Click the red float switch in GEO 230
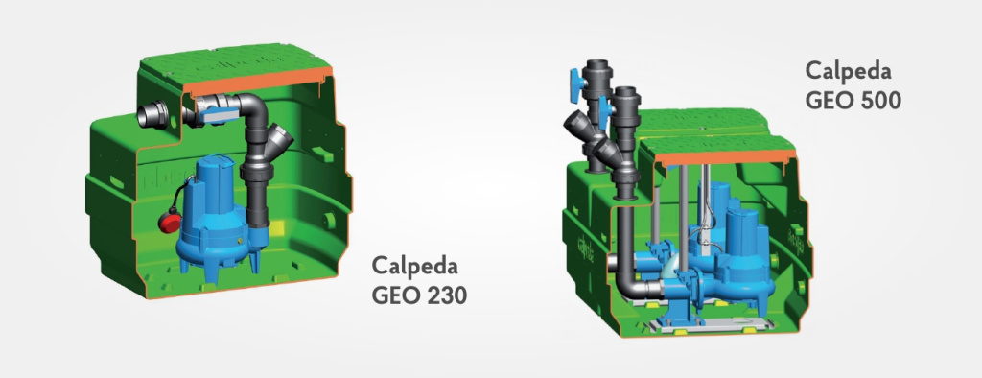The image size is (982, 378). [169, 221]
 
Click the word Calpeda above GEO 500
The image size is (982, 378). [848, 70]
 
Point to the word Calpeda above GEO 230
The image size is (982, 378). [414, 265]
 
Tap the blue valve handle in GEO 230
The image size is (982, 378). [218, 113]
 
